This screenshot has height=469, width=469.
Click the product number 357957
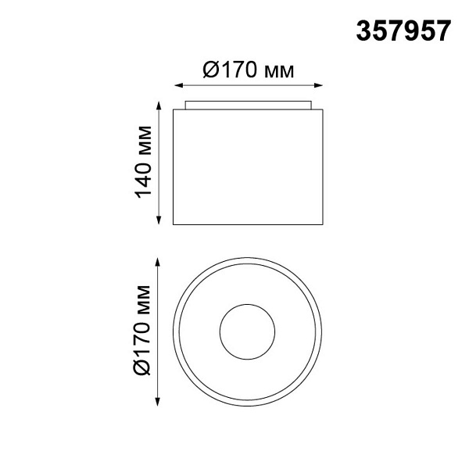coord(403,30)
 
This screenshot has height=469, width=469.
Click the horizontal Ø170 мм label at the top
coord(249,70)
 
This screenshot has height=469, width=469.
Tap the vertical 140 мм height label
coord(143,162)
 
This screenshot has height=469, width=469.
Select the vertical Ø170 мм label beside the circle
coord(141,330)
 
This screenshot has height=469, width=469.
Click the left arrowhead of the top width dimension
coord(178,85)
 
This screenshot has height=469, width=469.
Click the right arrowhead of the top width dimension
coord(318,85)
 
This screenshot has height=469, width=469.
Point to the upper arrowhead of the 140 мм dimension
coord(159,106)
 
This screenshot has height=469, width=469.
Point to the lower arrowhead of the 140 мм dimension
coord(159,220)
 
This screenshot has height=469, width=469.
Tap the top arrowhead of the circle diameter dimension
coord(158,262)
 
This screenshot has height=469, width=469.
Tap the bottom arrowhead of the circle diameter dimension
coord(158,402)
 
